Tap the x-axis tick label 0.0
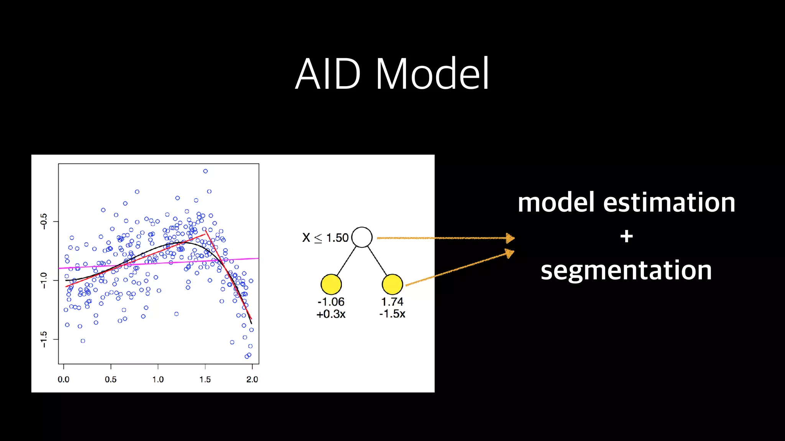pos(64,379)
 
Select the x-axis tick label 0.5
pos(110,379)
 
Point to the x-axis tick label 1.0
pos(158,379)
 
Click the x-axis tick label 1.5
pos(205,379)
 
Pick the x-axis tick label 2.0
pos(252,379)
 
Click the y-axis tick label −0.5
pos(44,221)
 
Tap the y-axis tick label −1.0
pos(44,280)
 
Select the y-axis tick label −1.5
pos(44,339)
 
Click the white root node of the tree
pos(362,237)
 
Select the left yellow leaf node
pos(331,284)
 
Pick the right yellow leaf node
pos(392,284)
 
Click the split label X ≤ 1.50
pos(325,238)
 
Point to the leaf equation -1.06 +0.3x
pos(331,308)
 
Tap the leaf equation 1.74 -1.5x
pos(392,307)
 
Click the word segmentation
pos(626,271)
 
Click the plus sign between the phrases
pos(626,236)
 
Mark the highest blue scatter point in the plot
pos(205,171)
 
